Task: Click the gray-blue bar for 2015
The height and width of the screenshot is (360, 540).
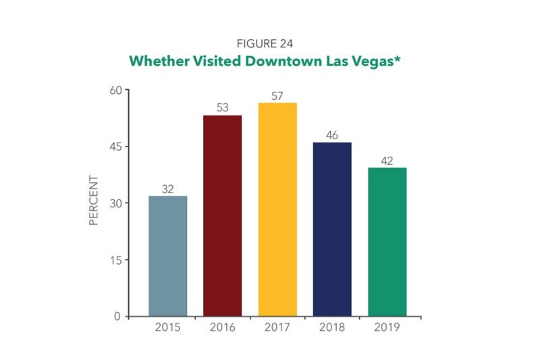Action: (167, 256)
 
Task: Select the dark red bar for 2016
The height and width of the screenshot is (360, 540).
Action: (222, 215)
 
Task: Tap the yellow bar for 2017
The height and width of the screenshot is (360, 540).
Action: (277, 209)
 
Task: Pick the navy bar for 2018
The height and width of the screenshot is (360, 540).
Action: (332, 229)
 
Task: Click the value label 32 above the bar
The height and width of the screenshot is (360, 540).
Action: (167, 188)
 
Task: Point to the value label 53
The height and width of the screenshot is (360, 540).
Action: (222, 108)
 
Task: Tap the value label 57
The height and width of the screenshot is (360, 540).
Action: (277, 95)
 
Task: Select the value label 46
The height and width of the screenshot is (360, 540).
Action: (332, 135)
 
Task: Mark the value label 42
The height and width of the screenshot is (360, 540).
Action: (387, 160)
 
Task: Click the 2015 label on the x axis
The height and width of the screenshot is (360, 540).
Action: (167, 328)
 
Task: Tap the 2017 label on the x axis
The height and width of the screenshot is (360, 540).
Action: (277, 328)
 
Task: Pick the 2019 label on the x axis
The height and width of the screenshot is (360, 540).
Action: (387, 328)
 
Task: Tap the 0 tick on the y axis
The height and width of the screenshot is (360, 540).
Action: (118, 316)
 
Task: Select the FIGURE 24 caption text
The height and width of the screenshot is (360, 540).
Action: (270, 45)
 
